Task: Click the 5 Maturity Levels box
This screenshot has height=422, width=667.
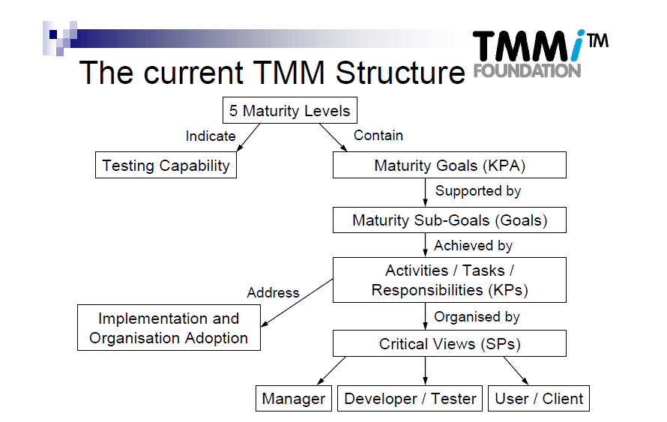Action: (x=289, y=112)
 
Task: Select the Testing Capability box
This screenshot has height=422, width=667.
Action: (x=166, y=166)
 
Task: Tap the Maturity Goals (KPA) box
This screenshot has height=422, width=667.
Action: (x=449, y=166)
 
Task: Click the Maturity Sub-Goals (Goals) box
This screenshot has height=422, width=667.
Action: (x=449, y=220)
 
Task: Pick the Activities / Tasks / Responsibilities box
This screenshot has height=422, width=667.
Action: (x=449, y=280)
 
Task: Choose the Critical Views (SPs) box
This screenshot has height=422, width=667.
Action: (x=449, y=344)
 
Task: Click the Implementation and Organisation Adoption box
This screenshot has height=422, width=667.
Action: (x=169, y=328)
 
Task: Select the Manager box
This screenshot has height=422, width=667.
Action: (x=293, y=399)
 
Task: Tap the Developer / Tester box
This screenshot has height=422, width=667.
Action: (x=410, y=399)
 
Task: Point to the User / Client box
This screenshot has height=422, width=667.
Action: (x=539, y=399)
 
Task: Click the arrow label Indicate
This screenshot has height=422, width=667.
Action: (x=211, y=136)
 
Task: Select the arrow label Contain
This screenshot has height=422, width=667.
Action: (x=378, y=136)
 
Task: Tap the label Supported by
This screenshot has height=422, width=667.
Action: (x=477, y=191)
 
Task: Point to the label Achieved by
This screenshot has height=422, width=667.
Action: (x=473, y=245)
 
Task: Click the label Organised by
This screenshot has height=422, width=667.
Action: (x=477, y=317)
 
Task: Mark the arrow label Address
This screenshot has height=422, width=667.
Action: (x=273, y=292)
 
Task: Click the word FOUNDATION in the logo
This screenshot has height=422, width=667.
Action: (x=527, y=70)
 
